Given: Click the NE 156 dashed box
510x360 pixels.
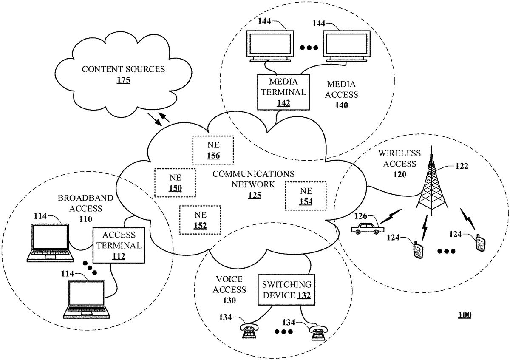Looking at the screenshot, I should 213,150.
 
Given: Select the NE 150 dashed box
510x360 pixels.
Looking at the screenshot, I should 175,183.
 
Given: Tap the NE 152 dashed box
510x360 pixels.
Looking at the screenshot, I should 200,220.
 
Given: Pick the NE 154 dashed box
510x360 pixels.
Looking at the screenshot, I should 305,196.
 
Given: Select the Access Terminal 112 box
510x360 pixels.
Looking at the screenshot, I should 119,245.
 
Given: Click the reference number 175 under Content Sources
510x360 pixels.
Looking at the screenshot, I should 123,79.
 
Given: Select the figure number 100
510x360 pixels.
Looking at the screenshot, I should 465,315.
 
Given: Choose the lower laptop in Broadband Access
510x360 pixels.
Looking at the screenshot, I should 86,300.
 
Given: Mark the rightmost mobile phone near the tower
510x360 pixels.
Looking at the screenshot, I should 480,244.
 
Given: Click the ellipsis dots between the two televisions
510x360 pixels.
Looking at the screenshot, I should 309,48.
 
